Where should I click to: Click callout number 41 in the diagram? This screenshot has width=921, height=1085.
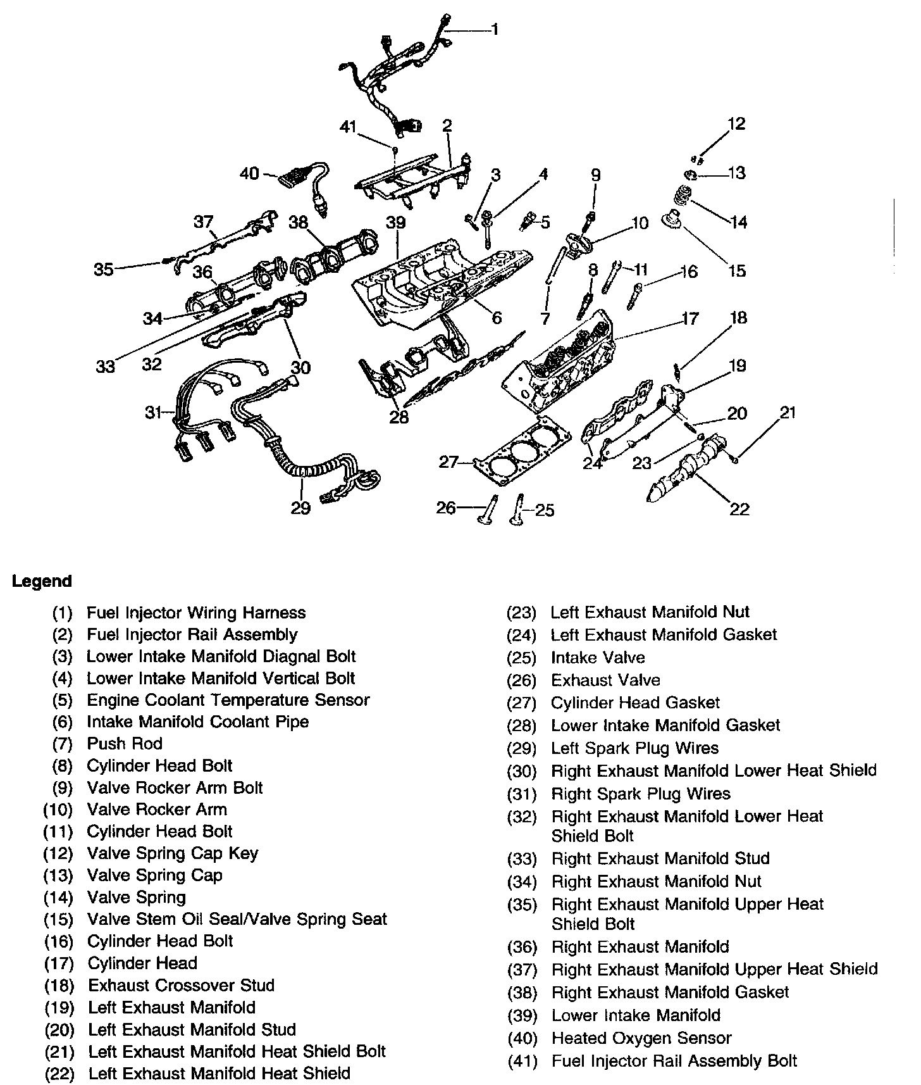348,128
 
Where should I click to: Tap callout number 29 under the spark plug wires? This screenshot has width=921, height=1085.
301,508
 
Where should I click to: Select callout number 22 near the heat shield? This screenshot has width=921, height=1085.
739,509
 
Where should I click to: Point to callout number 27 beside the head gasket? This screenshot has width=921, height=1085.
448,462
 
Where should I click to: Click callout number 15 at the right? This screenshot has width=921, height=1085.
737,271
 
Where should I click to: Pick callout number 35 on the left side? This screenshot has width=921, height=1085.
104,270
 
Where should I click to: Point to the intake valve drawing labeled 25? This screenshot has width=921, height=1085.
518,510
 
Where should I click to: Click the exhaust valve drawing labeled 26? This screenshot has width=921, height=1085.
489,510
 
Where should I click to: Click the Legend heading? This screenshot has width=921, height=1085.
42,581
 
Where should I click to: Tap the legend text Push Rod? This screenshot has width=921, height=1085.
125,743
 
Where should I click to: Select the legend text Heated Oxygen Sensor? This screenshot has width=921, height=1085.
641,1038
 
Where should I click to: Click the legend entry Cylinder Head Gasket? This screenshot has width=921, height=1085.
635,703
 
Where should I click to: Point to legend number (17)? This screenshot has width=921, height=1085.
59,963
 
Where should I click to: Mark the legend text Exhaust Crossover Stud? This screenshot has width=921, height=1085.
181,986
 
